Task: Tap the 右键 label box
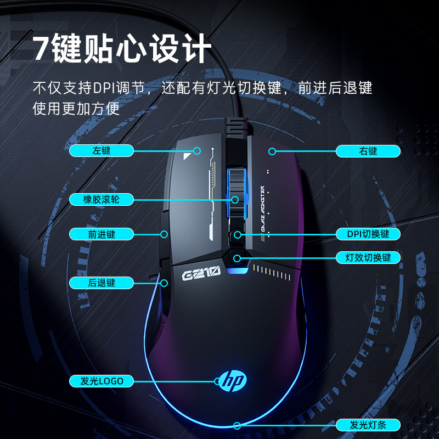click(x=368, y=151)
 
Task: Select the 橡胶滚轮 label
click(x=102, y=200)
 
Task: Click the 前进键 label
click(x=102, y=234)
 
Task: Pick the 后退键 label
click(x=102, y=283)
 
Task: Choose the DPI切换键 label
click(x=368, y=234)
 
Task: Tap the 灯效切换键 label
click(x=368, y=257)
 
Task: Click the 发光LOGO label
click(x=102, y=381)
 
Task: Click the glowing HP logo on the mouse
click(x=233, y=380)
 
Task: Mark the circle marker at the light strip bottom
click(x=237, y=425)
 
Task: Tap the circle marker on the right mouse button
click(x=271, y=151)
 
